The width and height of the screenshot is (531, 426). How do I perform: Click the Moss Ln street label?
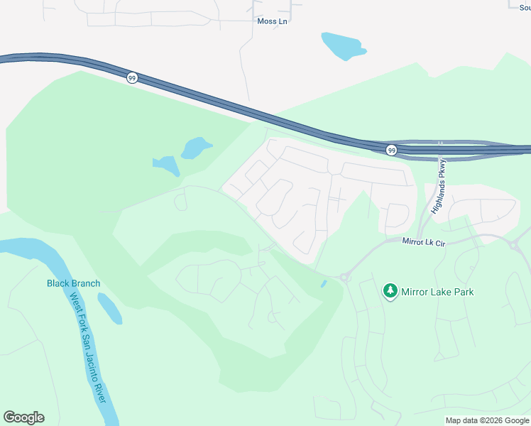tap(272, 21)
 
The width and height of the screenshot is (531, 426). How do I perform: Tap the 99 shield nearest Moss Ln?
tap(132, 77)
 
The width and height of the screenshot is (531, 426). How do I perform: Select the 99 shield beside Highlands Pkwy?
tap(391, 150)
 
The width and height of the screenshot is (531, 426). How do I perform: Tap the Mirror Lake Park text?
tap(437, 292)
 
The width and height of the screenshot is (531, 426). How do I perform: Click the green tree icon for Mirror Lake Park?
tap(390, 291)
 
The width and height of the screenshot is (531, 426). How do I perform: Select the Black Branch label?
tap(73, 283)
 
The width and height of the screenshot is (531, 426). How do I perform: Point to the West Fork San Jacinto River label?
tap(88, 350)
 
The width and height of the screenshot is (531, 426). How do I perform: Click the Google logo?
tap(24, 417)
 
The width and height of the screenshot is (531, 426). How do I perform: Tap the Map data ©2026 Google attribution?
tap(488, 420)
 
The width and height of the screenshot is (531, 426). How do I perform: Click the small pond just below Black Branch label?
tap(109, 308)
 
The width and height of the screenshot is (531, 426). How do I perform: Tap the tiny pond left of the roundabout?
tap(324, 284)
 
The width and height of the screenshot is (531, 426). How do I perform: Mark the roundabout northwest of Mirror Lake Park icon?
tap(344, 278)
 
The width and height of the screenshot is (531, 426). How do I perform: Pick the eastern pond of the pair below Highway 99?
tap(196, 148)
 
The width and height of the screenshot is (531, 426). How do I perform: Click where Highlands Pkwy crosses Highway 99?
tap(440, 149)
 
